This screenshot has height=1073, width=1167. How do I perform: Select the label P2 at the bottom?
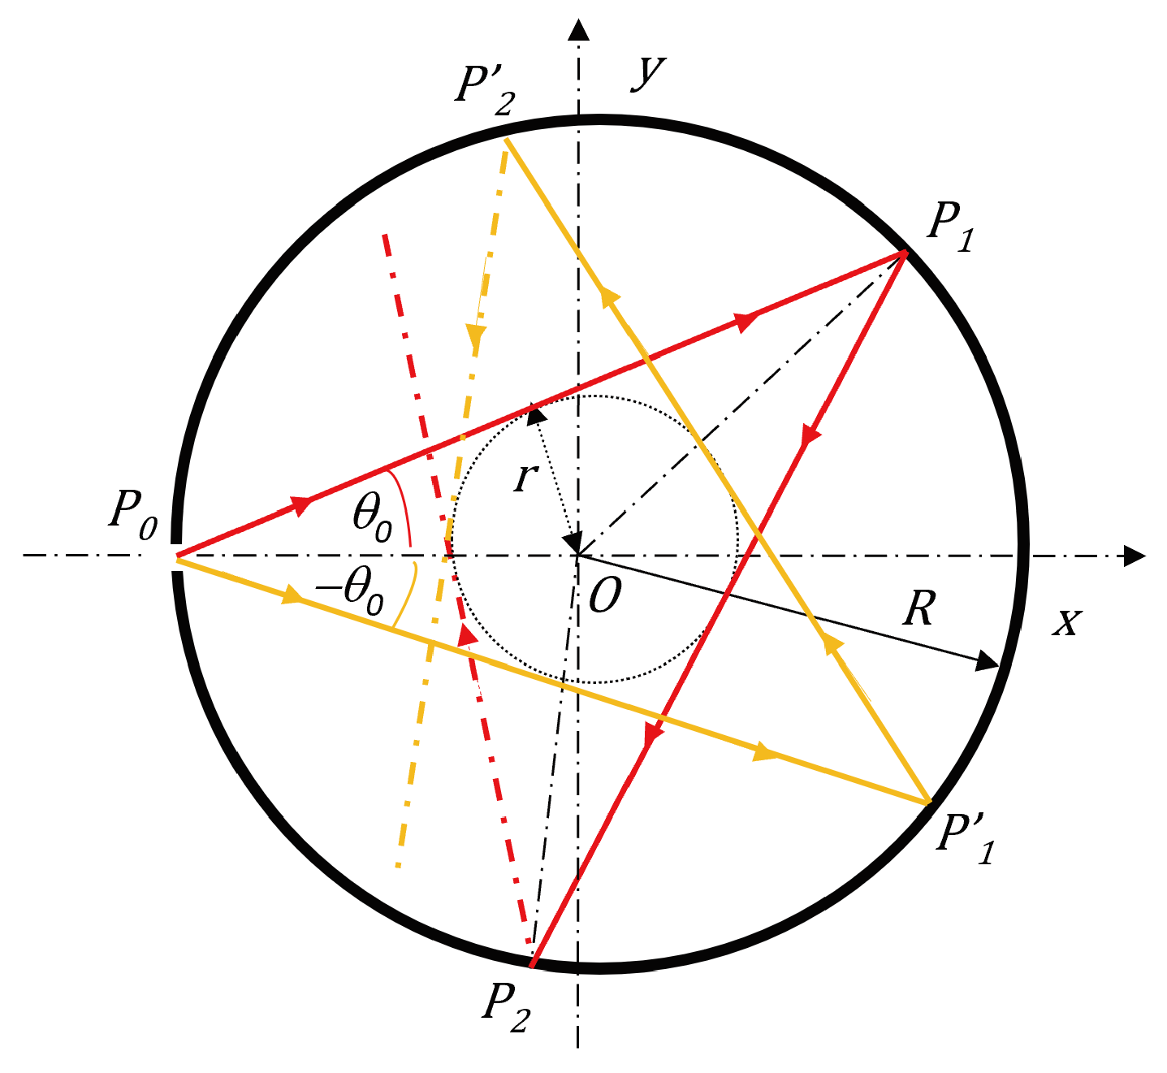click(507, 1008)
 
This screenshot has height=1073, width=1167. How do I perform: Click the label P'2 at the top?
click(485, 89)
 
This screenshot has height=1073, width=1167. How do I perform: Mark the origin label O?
click(604, 597)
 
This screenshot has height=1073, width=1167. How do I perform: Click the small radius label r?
click(525, 478)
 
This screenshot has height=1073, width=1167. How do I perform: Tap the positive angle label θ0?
click(372, 518)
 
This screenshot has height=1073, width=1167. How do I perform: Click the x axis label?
click(1067, 621)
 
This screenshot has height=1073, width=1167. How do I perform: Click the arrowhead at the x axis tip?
click(1134, 556)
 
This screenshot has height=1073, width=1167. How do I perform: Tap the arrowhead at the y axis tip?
click(578, 30)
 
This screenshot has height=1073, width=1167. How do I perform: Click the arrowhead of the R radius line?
click(987, 661)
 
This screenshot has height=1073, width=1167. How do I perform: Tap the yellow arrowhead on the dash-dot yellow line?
click(476, 335)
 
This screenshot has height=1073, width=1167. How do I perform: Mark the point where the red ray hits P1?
click(902, 254)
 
